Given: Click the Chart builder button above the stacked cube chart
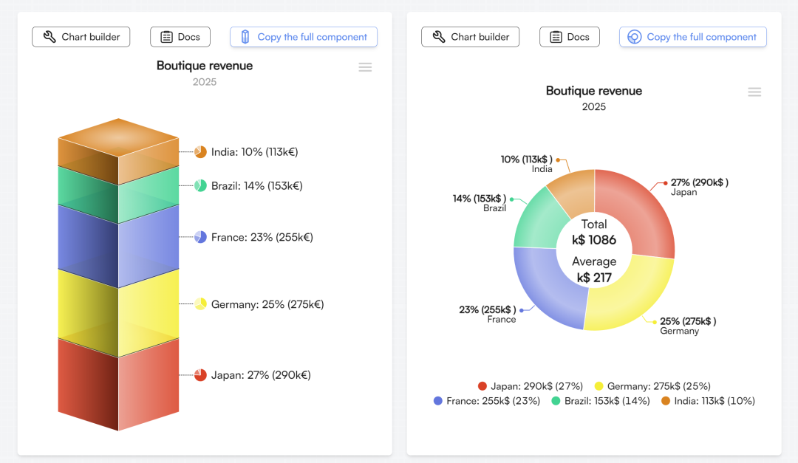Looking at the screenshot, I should (81, 37).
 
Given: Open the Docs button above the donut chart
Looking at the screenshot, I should (569, 37).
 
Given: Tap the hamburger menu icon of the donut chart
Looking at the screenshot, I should (754, 92).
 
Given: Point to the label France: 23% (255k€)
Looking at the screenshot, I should (262, 237).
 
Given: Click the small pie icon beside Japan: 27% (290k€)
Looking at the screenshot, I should (200, 375).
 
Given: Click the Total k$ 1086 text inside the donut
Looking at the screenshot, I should (594, 232).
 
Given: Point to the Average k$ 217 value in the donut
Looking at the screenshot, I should (594, 270).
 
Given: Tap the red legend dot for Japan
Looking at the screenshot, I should (482, 386).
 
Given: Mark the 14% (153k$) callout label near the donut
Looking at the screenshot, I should (479, 199).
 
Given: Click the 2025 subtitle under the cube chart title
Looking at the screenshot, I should (205, 82).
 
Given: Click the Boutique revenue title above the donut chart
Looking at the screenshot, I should (594, 91).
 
